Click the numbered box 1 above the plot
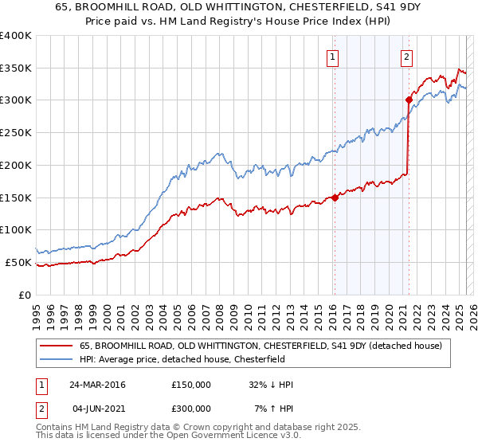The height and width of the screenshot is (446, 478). pos(331,57)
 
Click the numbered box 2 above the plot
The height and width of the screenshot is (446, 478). pos(406,57)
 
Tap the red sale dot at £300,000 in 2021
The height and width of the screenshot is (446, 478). pos(409,100)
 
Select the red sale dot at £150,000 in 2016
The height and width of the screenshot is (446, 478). pos(335,198)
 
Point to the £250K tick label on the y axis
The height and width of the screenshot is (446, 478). pos(16,133)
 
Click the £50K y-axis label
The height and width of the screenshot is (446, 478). pos(19,262)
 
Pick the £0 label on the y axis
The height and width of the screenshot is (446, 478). pos(25,295)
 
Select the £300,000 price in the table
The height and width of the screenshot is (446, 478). pos(190,408)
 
